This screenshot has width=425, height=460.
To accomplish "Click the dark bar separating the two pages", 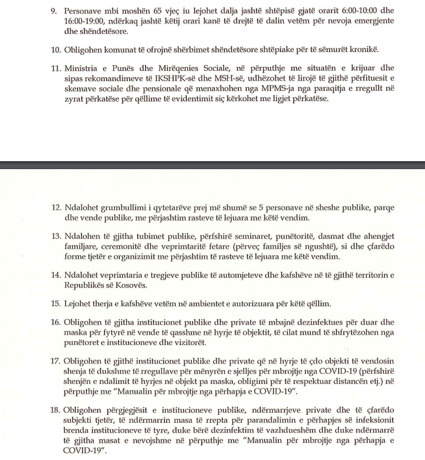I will [213, 165].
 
